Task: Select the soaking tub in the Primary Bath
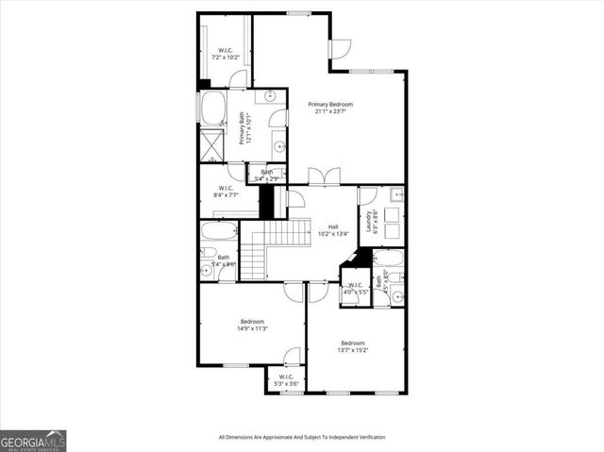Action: tap(213, 109)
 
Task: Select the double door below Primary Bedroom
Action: tap(322, 176)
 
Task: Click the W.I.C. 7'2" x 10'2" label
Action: tap(226, 54)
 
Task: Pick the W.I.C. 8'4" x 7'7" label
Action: tap(226, 191)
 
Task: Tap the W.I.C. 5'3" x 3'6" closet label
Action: tap(285, 381)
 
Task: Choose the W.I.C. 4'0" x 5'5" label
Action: tap(355, 288)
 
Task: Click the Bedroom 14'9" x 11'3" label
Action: tap(252, 325)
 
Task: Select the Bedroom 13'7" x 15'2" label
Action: tap(353, 346)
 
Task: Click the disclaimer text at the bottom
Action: tap(302, 437)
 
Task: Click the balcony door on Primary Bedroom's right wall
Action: tap(341, 49)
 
